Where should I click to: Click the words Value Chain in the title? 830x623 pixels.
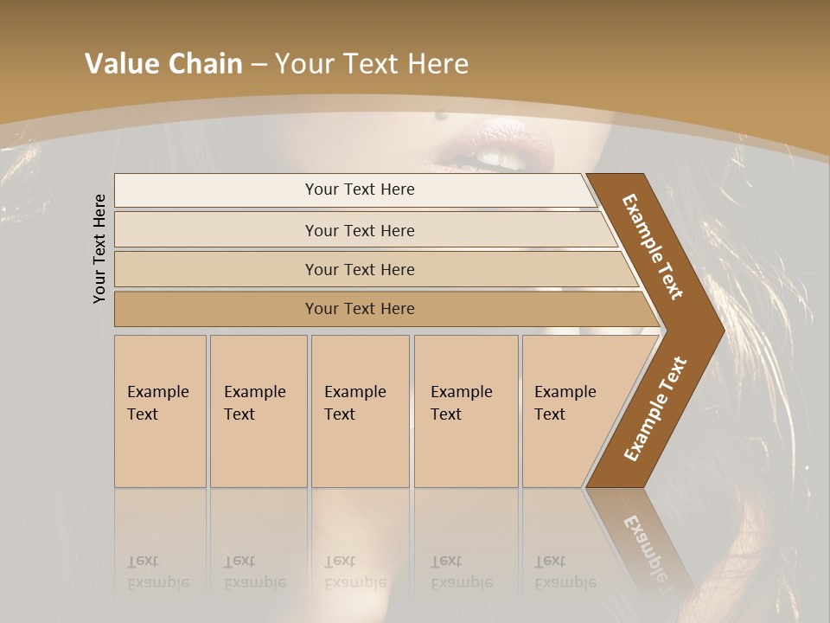click(163, 64)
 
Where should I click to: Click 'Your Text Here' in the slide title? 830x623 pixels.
click(372, 64)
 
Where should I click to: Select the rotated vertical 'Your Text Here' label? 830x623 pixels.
click(99, 248)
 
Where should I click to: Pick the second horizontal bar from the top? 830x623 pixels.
click(360, 230)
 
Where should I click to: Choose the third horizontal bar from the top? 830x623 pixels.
click(360, 269)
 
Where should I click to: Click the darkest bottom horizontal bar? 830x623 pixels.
click(360, 309)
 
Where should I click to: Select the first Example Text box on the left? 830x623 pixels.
click(160, 411)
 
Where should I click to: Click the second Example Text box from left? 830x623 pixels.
click(259, 411)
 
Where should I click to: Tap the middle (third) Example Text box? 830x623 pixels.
click(360, 411)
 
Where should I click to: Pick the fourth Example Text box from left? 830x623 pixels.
click(466, 411)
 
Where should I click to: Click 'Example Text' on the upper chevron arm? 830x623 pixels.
click(653, 247)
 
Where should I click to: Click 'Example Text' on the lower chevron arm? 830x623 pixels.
click(655, 409)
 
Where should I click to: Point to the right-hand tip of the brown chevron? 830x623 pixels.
click(722, 330)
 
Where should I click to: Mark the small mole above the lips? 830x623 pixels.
click(441, 113)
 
